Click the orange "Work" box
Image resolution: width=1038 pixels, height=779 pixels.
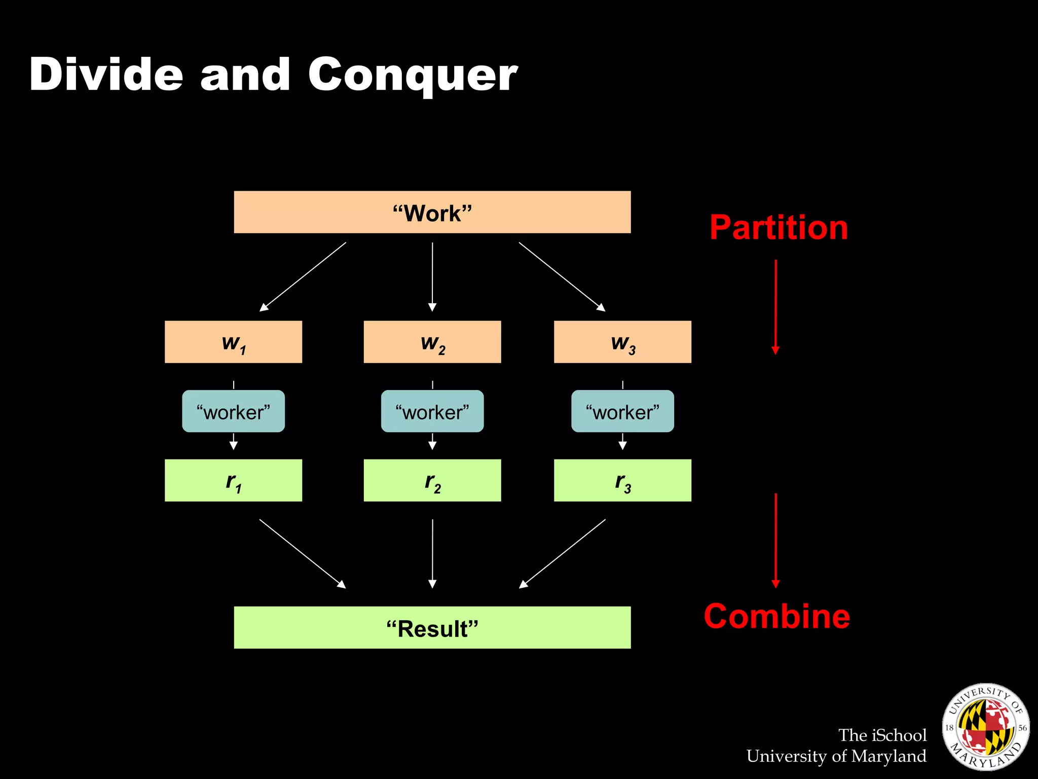tap(432, 212)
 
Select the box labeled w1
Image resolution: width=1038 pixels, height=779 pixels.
tap(233, 342)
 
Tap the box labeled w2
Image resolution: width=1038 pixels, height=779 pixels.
tap(432, 342)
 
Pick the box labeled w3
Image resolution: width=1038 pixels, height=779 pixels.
tap(622, 342)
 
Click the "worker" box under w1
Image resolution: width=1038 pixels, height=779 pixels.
tap(233, 411)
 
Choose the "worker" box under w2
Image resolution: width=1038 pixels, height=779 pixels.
tap(432, 411)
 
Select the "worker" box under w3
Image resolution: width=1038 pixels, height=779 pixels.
tap(622, 411)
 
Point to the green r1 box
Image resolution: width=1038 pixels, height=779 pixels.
tap(233, 480)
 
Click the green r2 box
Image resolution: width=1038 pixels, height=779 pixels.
tap(432, 480)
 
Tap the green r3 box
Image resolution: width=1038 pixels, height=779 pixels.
tap(622, 480)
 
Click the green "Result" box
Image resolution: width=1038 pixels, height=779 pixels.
tap(432, 627)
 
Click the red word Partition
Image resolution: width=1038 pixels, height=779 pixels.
tap(778, 228)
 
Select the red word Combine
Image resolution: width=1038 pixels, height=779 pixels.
tap(776, 617)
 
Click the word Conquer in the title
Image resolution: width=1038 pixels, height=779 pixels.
tap(413, 75)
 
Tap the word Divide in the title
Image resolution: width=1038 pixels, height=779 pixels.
tap(106, 75)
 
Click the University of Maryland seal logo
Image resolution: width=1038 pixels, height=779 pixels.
tap(985, 726)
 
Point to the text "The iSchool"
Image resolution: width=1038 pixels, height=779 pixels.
tap(882, 735)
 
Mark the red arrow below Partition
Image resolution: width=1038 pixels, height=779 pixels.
tap(775, 307)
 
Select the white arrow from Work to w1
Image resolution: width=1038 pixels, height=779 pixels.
tap(303, 276)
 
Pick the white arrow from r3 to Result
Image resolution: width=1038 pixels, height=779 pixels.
tap(562, 554)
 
